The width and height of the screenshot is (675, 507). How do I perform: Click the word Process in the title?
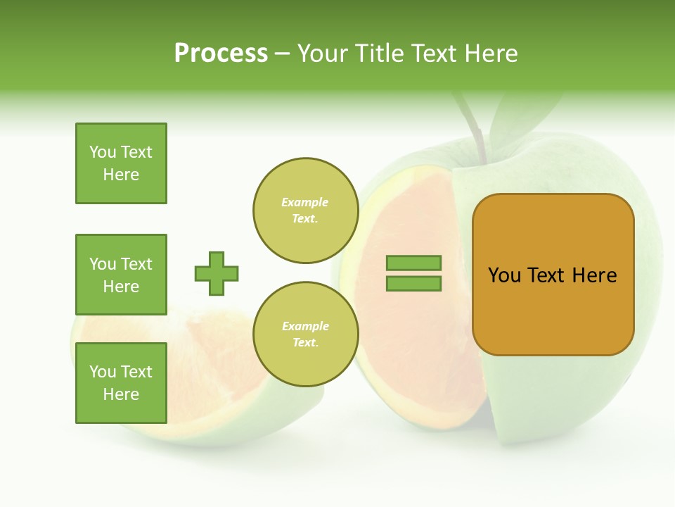click(x=221, y=54)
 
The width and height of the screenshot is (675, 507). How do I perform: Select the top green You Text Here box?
click(x=121, y=163)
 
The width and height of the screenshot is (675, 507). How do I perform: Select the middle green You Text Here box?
click(x=121, y=275)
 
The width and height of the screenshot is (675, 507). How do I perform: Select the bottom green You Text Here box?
click(x=121, y=383)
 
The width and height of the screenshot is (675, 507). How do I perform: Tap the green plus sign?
click(x=217, y=273)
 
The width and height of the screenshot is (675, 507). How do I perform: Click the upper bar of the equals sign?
click(x=414, y=263)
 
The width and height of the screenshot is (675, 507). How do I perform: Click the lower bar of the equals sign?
click(x=414, y=284)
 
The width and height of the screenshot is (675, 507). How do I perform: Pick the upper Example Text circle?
click(x=305, y=211)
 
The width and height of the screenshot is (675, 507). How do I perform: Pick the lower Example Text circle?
click(x=305, y=334)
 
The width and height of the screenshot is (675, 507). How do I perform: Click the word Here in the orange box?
click(x=594, y=275)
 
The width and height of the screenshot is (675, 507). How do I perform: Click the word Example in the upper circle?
click(x=304, y=203)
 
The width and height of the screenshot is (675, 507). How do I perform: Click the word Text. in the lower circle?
click(x=305, y=343)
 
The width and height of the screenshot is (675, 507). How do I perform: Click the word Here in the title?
click(x=489, y=54)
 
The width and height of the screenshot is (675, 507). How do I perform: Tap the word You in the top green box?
click(x=103, y=152)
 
